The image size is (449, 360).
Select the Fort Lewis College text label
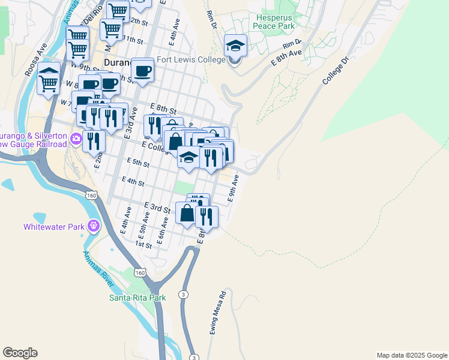tap(191, 60)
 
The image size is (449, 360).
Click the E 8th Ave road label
tap(286, 58)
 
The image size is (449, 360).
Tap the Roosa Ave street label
tap(33, 57)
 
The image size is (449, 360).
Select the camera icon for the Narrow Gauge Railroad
tap(76, 140)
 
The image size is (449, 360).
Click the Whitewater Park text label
tap(53, 227)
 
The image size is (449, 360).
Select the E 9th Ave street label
tap(235, 188)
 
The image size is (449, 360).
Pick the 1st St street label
tap(143, 244)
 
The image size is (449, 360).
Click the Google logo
tap(20, 353)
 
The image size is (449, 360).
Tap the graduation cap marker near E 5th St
tap(188, 158)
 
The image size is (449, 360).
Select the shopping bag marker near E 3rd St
tap(187, 212)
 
